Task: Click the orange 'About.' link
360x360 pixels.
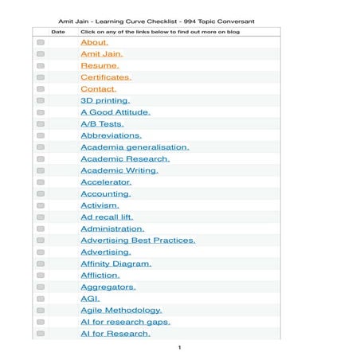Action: (94, 42)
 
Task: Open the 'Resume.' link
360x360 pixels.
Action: (100, 65)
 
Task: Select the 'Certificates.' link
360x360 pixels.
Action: (106, 77)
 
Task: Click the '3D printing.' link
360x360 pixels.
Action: (105, 101)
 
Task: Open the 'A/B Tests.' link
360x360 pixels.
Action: (102, 124)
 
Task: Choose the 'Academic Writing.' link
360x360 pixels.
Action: (119, 170)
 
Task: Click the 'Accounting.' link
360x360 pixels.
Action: (106, 194)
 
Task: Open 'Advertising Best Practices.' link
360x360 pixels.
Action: (138, 240)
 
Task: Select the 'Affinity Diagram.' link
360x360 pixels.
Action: (115, 263)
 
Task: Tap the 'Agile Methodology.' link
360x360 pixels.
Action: (121, 310)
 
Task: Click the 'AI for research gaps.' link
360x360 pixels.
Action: (125, 322)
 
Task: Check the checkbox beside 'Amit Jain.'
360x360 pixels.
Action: (41, 54)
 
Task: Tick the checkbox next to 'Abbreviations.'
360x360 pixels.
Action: (41, 135)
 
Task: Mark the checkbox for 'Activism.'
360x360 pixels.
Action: (41, 205)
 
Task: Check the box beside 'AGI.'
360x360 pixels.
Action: (41, 299)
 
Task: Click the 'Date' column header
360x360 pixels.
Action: (58, 32)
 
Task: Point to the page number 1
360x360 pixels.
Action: (179, 347)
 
